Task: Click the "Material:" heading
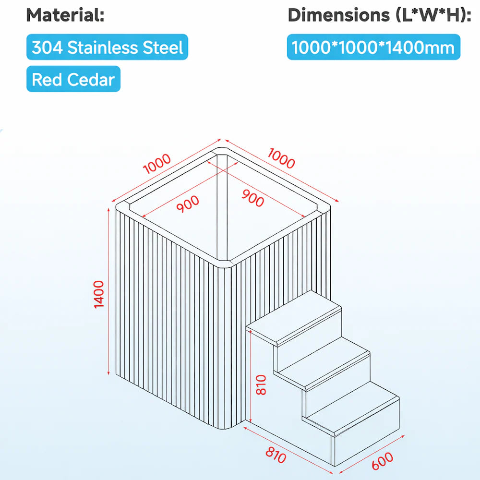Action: (x=65, y=15)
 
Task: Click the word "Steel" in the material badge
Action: (x=163, y=48)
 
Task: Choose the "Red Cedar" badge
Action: (x=73, y=80)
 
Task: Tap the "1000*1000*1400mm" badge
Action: (x=373, y=48)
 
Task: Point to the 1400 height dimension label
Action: (x=99, y=295)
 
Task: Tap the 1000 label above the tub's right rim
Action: (x=281, y=159)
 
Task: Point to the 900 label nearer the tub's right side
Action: (x=252, y=198)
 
